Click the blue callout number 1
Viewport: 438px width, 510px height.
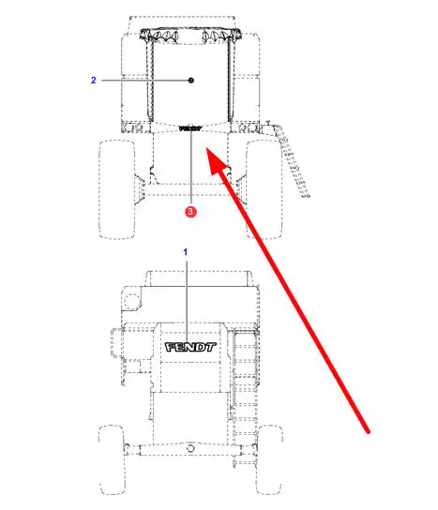pyautogui.click(x=186, y=252)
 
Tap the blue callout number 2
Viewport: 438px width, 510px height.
pyautogui.click(x=94, y=80)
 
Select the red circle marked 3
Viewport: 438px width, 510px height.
pyautogui.click(x=190, y=212)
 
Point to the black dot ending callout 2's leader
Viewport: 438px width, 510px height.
pyautogui.click(x=191, y=80)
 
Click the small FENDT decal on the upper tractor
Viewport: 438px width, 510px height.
pyautogui.click(x=190, y=128)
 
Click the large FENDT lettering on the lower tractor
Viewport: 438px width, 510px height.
pyautogui.click(x=190, y=347)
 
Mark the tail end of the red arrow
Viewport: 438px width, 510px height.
pyautogui.click(x=368, y=431)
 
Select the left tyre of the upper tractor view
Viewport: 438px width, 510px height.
pyautogui.click(x=117, y=189)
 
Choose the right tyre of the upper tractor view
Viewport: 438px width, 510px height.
pyautogui.click(x=264, y=189)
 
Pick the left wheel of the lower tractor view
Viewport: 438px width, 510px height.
pyautogui.click(x=112, y=459)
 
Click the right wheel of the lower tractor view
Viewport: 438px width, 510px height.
pyautogui.click(x=269, y=459)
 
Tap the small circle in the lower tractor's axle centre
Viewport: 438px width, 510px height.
pyautogui.click(x=190, y=448)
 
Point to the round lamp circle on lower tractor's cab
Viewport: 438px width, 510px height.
pyautogui.click(x=132, y=301)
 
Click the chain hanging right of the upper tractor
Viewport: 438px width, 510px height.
pyautogui.click(x=291, y=161)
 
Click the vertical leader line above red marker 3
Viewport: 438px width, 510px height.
pyautogui.click(x=191, y=169)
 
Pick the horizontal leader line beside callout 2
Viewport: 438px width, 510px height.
pyautogui.click(x=145, y=80)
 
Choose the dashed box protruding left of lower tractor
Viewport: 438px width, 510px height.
pyautogui.click(x=116, y=342)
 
